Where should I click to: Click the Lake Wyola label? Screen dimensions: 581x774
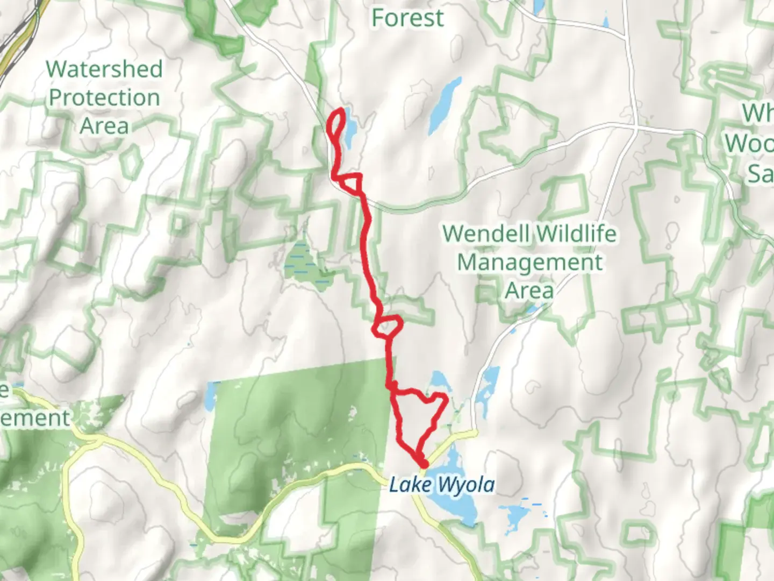tap(441, 485)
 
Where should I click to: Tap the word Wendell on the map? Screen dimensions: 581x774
tap(486, 234)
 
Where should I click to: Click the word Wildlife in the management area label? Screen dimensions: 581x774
tap(576, 234)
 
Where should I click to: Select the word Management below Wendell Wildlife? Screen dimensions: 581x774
tap(529, 263)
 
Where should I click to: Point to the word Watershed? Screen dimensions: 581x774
tap(104, 69)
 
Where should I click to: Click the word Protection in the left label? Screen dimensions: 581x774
tap(104, 98)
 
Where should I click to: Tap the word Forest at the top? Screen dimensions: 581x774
tap(407, 18)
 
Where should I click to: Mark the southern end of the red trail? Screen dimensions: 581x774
tap(423, 464)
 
